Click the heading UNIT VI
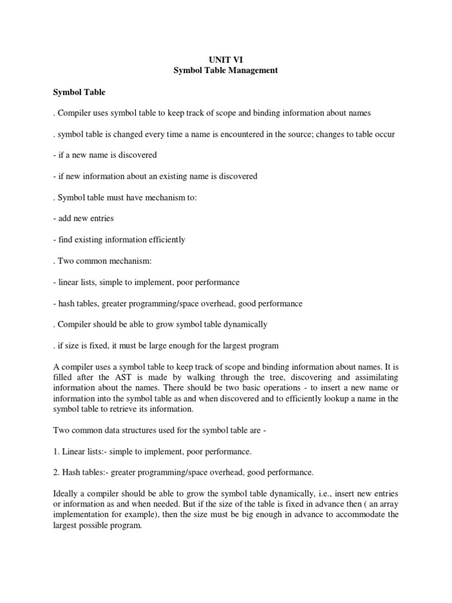point(226,59)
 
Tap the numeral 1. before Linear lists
point(56,452)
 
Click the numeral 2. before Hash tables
point(56,473)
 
